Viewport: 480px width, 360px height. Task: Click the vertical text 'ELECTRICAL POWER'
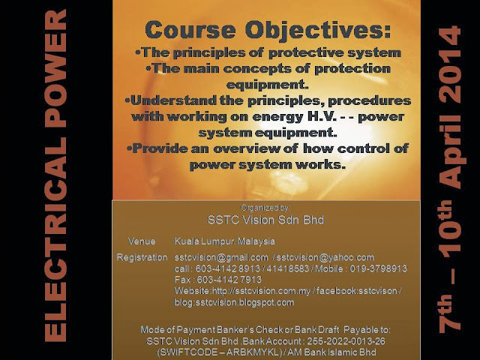tap(55, 175)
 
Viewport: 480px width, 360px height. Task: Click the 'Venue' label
tap(141, 241)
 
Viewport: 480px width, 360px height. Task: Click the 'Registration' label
tap(142, 257)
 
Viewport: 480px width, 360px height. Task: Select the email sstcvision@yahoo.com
tap(326, 257)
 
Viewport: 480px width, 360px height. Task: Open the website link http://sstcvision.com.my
tap(252, 290)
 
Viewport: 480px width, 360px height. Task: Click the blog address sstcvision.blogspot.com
tap(234, 301)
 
